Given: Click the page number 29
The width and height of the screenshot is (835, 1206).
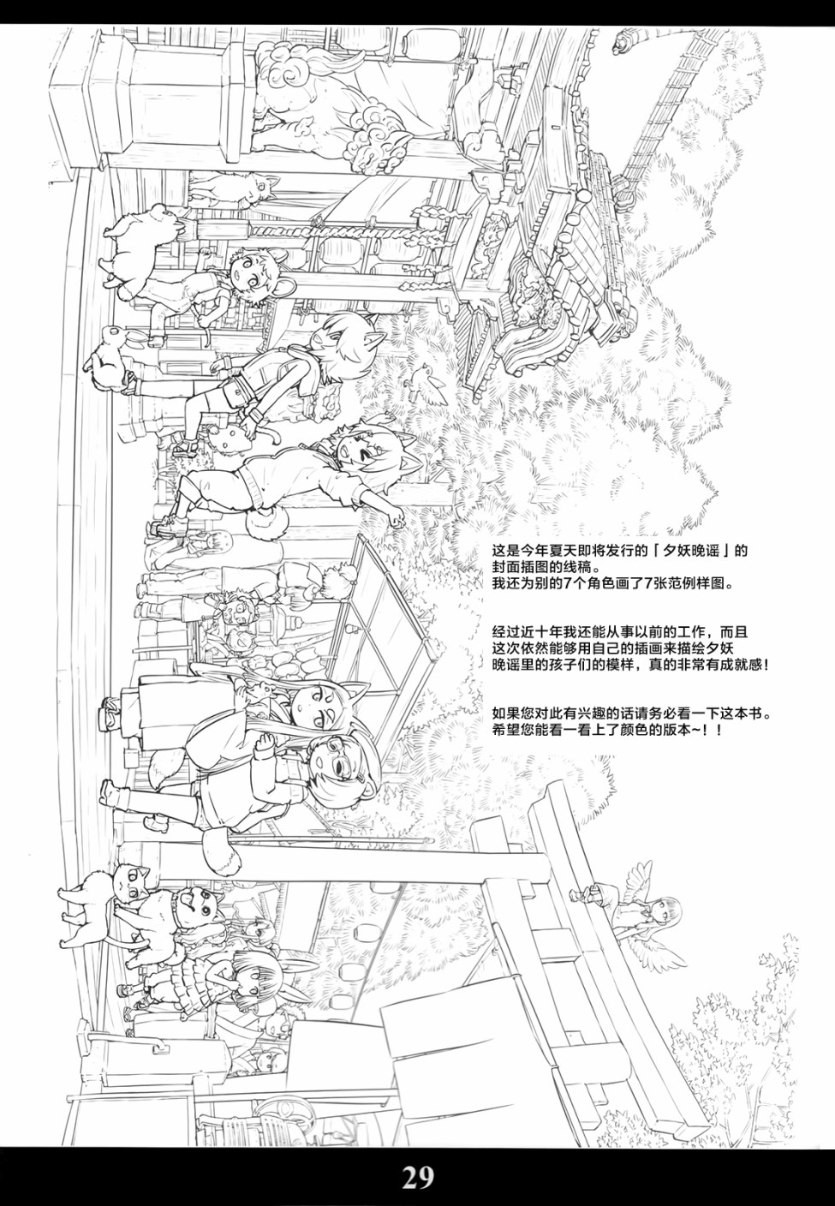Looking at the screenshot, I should click(418, 1178).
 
